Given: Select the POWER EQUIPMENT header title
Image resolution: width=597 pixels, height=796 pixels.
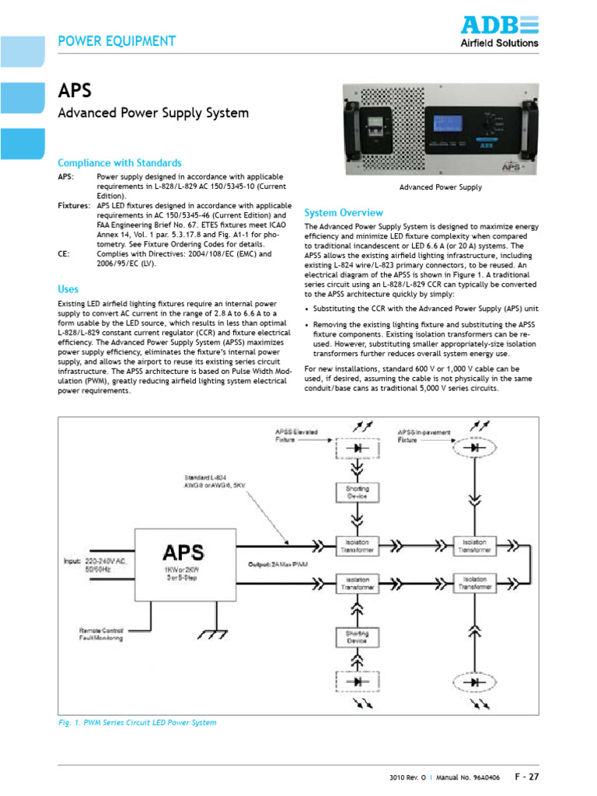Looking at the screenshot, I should [x=117, y=41].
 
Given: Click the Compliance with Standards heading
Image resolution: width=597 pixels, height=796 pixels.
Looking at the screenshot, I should [x=120, y=162].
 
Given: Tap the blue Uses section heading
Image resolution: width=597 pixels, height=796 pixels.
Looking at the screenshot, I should [x=68, y=288].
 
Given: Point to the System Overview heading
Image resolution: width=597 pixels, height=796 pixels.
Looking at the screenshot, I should [x=344, y=212].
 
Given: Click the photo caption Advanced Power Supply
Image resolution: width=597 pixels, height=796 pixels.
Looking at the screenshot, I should [x=440, y=187].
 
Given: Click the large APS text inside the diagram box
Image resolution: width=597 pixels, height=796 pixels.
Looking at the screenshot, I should [x=183, y=552].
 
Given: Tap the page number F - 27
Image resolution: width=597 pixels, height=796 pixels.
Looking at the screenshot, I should [x=526, y=776].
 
